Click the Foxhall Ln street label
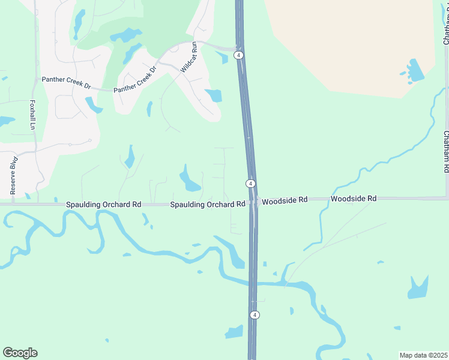(32, 115)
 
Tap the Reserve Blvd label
(13, 175)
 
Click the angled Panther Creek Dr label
(135, 79)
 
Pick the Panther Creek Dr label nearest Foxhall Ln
(66, 83)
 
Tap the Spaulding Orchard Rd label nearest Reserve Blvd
(103, 205)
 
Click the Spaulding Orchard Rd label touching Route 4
(207, 205)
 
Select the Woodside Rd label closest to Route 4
(285, 199)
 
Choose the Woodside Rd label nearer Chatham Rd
(354, 198)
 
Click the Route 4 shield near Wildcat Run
(239, 55)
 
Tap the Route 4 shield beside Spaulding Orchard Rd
(251, 183)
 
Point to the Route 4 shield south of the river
(255, 315)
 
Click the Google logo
(20, 353)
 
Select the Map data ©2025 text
(423, 355)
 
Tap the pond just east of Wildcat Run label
(214, 95)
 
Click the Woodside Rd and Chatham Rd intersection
(446, 197)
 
